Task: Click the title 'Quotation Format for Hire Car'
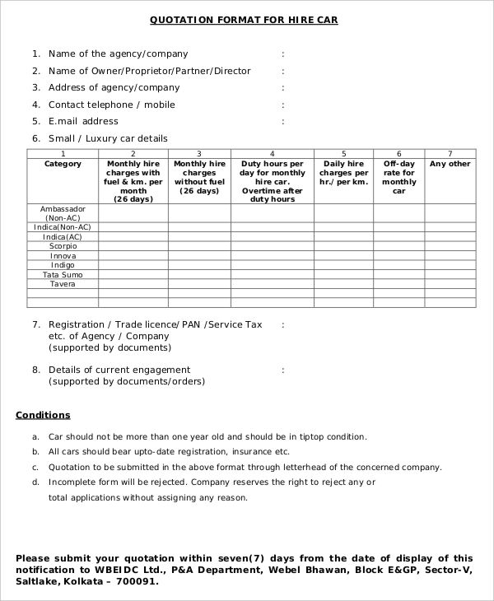(244, 19)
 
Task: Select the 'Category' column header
(63, 164)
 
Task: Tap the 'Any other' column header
(450, 164)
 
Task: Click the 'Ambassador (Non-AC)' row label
(63, 213)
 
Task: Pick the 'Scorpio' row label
(63, 246)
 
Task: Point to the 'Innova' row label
(63, 256)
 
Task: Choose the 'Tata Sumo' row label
(63, 275)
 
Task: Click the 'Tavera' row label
(63, 284)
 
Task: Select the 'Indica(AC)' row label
(63, 236)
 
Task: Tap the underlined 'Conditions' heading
(43, 415)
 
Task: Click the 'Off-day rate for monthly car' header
(399, 177)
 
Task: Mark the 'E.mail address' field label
(83, 121)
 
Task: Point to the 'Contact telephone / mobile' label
(112, 105)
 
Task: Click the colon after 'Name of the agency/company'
(282, 54)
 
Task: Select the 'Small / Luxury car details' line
(108, 138)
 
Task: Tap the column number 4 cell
(272, 154)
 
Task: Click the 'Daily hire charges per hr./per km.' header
(343, 173)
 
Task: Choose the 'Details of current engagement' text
(119, 370)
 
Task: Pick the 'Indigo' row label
(63, 265)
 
